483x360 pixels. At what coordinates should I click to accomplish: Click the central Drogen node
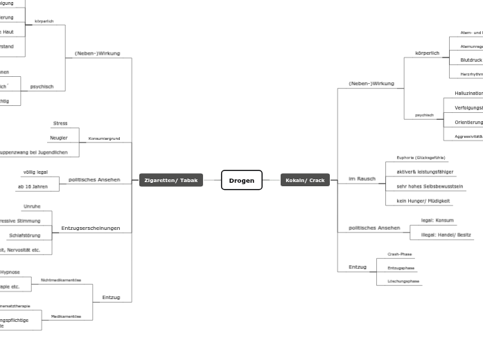tap(241, 180)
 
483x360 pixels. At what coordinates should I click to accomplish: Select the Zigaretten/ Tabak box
tap(170, 180)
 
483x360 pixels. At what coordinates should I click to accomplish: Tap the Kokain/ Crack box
tap(305, 180)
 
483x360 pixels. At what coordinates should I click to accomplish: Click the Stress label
tap(60, 123)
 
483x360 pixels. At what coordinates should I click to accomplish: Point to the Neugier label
tap(59, 138)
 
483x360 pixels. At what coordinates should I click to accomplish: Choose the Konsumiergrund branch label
tap(104, 138)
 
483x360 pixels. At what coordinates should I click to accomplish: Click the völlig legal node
tap(35, 172)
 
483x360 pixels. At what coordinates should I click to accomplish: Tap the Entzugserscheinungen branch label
tap(90, 228)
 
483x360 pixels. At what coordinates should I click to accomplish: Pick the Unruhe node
tap(32, 206)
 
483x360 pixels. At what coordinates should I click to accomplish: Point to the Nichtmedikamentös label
tap(61, 280)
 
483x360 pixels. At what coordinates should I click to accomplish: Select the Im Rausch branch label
tap(362, 179)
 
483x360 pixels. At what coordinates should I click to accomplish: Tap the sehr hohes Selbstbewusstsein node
tap(430, 186)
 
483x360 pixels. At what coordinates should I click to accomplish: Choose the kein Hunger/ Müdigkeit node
tap(423, 201)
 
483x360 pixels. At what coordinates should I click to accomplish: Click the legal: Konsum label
tap(437, 220)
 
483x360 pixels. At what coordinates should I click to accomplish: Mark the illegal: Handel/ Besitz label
tap(446, 235)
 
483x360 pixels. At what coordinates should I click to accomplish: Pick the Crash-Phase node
tap(399, 254)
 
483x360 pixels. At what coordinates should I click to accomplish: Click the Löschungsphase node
tap(403, 281)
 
